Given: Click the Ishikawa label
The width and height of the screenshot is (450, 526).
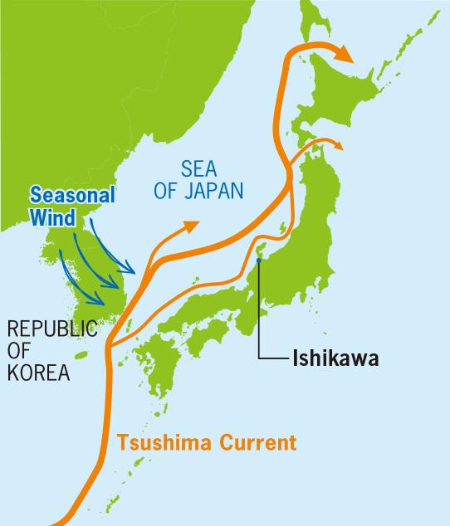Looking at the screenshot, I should pos(335,360).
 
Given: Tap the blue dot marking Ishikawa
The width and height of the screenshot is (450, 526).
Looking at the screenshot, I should pos(260,261).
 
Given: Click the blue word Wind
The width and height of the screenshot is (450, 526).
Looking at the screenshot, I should pos(51,215).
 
